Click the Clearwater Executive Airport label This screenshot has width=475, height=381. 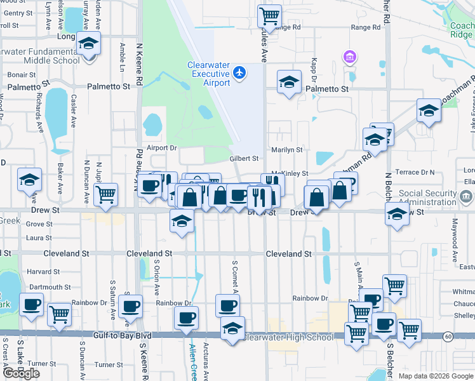[208, 74]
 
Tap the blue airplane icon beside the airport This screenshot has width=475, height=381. [239, 73]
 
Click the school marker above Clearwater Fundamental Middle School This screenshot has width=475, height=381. [88, 44]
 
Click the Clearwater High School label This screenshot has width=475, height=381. [289, 337]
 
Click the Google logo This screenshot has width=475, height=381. [21, 373]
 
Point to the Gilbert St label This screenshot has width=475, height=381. [244, 159]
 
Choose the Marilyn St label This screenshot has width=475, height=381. [286, 150]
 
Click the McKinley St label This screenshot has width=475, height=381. [290, 173]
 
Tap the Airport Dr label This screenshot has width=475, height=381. [161, 148]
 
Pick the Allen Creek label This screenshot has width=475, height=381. [193, 361]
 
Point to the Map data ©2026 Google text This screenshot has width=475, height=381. [431, 376]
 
